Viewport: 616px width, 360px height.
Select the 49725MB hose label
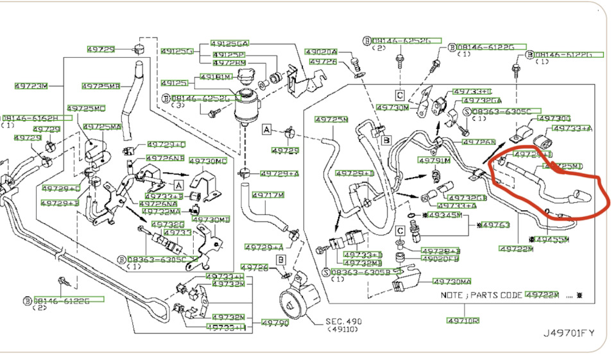point(101,86)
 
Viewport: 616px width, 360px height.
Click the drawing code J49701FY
point(569,333)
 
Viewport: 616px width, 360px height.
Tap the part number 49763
point(495,225)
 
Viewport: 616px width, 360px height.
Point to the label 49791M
point(434,160)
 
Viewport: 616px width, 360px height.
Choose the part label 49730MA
point(452,282)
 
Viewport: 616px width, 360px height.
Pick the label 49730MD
point(209,161)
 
